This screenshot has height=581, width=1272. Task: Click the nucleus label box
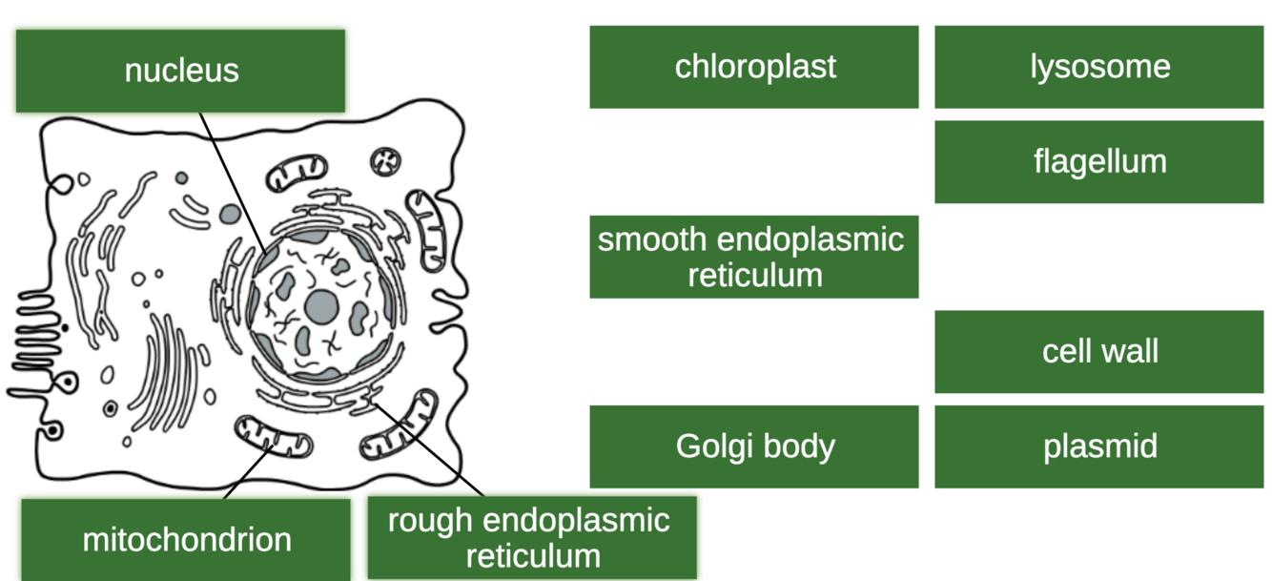(x=180, y=71)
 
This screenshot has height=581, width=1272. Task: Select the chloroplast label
(x=754, y=67)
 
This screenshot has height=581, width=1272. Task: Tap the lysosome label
(x=1099, y=67)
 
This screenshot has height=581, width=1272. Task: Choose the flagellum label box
(x=1099, y=161)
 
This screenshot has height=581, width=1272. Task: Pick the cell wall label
(x=1099, y=351)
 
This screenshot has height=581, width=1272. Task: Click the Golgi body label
(x=754, y=446)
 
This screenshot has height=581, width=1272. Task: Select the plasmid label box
(x=1099, y=446)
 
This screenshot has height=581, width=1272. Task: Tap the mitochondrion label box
(x=186, y=540)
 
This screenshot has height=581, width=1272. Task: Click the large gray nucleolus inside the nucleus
(x=322, y=306)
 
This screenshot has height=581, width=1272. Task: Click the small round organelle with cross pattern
(x=386, y=162)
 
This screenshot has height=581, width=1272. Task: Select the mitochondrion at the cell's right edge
(x=426, y=230)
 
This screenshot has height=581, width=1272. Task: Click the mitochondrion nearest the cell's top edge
(x=296, y=175)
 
